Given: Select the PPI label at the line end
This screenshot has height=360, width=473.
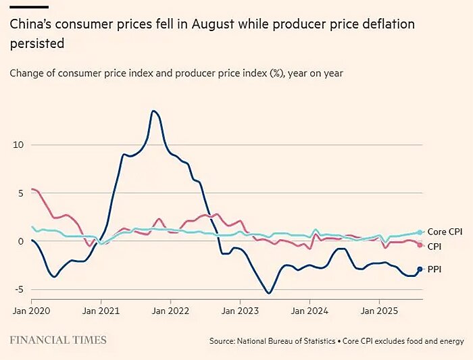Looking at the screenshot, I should point(436,269).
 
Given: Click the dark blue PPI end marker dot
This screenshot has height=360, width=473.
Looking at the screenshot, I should point(420,269).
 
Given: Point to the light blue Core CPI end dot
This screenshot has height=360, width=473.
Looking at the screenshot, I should point(420,232).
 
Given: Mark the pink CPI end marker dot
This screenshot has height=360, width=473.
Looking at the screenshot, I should point(420,245).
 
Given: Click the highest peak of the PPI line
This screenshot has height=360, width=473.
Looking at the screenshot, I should point(154,111).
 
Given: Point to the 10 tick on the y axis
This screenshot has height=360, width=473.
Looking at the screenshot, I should point(18,145).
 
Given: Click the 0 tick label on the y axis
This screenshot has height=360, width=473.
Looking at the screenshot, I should point(21,241).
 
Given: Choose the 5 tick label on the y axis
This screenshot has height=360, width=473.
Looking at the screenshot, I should point(21,192).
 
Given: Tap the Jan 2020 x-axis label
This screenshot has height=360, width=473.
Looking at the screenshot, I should point(32,311).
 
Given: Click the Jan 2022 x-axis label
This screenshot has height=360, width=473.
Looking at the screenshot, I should point(170,311).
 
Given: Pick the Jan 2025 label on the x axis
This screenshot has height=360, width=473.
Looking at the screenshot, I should point(378,311).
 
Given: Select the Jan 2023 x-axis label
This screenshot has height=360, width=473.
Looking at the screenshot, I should point(240,311).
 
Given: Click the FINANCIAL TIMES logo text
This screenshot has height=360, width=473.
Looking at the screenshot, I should point(57,340).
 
